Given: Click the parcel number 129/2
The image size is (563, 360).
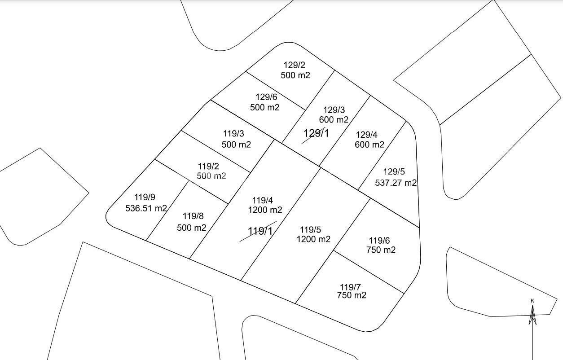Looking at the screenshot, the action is (295, 66).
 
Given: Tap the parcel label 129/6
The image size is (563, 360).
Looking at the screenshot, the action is (266, 97).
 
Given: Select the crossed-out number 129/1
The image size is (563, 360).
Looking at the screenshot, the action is (316, 133).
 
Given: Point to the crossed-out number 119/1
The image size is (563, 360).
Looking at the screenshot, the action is (260, 231).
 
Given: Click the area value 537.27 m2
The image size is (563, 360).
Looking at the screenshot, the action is (396, 183).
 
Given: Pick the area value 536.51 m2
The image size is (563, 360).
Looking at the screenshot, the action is (146, 208).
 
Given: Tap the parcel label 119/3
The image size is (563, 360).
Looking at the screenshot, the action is (233, 134).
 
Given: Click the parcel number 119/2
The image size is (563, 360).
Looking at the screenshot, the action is (208, 166).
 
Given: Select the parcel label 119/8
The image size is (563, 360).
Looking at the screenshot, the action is (193, 216).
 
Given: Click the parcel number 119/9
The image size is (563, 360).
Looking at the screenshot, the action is (145, 197).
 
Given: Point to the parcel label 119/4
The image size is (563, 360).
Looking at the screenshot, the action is (262, 201).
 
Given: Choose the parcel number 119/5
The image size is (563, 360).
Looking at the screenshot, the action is (310, 230).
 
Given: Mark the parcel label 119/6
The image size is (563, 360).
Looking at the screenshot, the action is (379, 241).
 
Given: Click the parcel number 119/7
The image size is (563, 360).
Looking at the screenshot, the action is (350, 287).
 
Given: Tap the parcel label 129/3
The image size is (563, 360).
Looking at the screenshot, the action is (334, 110).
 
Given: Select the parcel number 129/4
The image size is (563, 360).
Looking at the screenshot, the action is (366, 135).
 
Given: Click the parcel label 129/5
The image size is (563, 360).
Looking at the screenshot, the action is (394, 172).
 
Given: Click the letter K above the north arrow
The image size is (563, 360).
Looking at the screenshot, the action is (532, 301).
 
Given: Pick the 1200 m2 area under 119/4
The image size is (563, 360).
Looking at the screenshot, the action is (265, 210).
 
